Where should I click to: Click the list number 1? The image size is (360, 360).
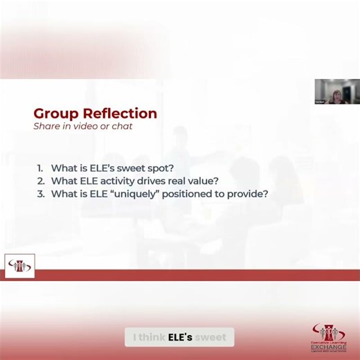(x=40, y=168)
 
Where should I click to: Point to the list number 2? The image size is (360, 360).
(x=40, y=181)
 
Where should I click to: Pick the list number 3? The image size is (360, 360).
(x=40, y=195)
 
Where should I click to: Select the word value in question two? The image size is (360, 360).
(x=201, y=181)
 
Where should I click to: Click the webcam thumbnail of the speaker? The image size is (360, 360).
(x=337, y=91)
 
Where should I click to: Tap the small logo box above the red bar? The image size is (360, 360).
(x=19, y=266)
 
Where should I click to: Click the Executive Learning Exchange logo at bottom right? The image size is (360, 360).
(x=328, y=339)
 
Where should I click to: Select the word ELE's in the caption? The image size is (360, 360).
(x=180, y=338)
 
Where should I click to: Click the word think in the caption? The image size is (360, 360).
(x=152, y=338)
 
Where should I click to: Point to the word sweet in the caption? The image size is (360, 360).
(x=210, y=338)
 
